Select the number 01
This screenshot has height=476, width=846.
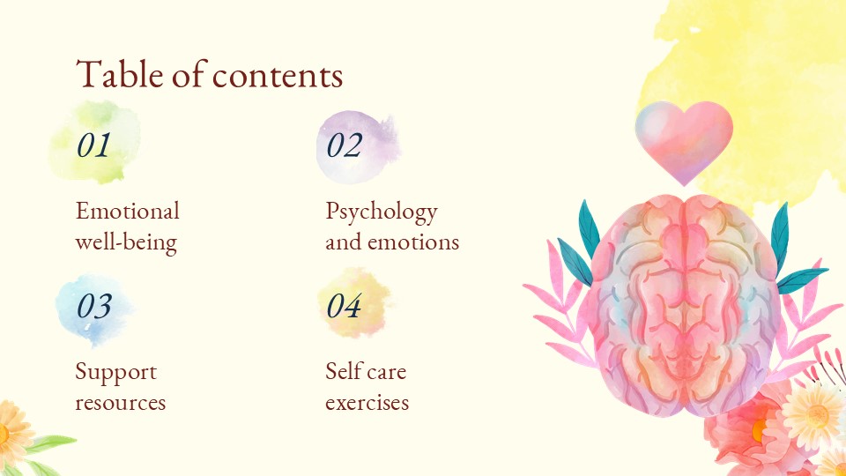pyautogui.click(x=93, y=145)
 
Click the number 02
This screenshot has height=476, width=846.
pyautogui.click(x=344, y=145)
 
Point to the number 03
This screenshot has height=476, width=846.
pyautogui.click(x=93, y=306)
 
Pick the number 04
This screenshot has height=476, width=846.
pyautogui.click(x=344, y=306)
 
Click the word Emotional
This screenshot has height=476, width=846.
pyautogui.click(x=127, y=212)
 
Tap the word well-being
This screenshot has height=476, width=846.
pyautogui.click(x=125, y=242)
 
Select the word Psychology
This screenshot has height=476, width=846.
pyautogui.click(x=381, y=212)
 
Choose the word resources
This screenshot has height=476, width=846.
pyautogui.click(x=120, y=403)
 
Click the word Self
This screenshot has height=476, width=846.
pyautogui.click(x=342, y=371)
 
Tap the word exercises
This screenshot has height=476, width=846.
pyautogui.click(x=367, y=403)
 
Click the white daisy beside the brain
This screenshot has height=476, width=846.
pyautogui.click(x=813, y=414)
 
